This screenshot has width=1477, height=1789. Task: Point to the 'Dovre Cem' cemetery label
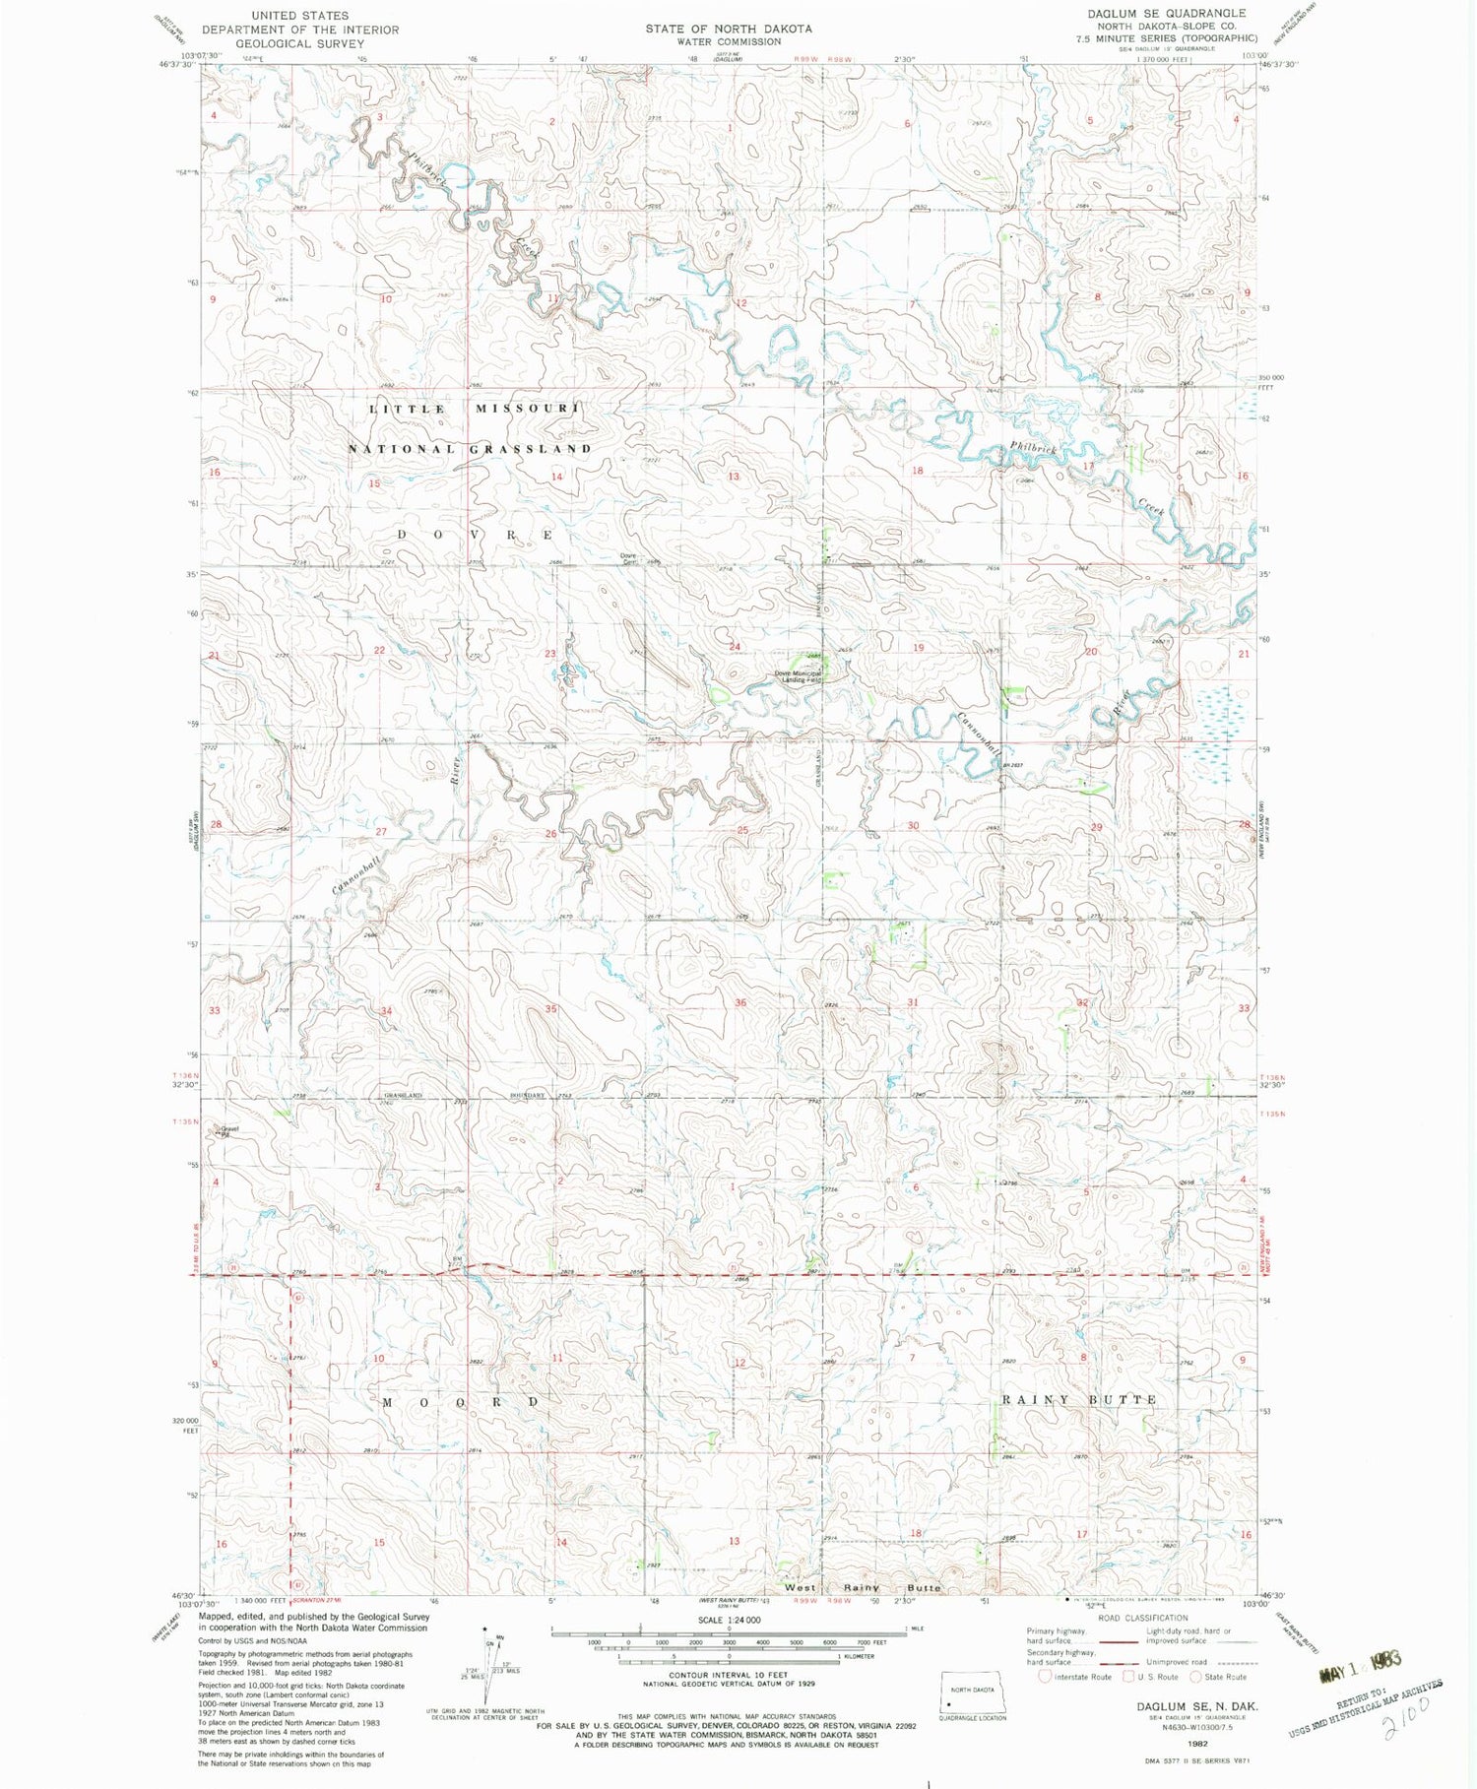(628, 558)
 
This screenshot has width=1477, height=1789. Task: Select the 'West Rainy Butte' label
(863, 1587)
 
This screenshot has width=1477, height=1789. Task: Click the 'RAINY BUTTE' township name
(1079, 1399)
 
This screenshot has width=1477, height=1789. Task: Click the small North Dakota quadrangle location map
(972, 1691)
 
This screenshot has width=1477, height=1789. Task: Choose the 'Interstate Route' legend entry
(1075, 1676)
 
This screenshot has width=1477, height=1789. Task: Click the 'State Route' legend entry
(1219, 1676)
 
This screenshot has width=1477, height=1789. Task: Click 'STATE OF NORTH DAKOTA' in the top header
(729, 29)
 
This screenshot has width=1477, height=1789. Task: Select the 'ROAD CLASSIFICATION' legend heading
(1143, 1618)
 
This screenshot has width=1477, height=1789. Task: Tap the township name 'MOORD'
(461, 1401)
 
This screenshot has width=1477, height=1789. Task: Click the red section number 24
(735, 647)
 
